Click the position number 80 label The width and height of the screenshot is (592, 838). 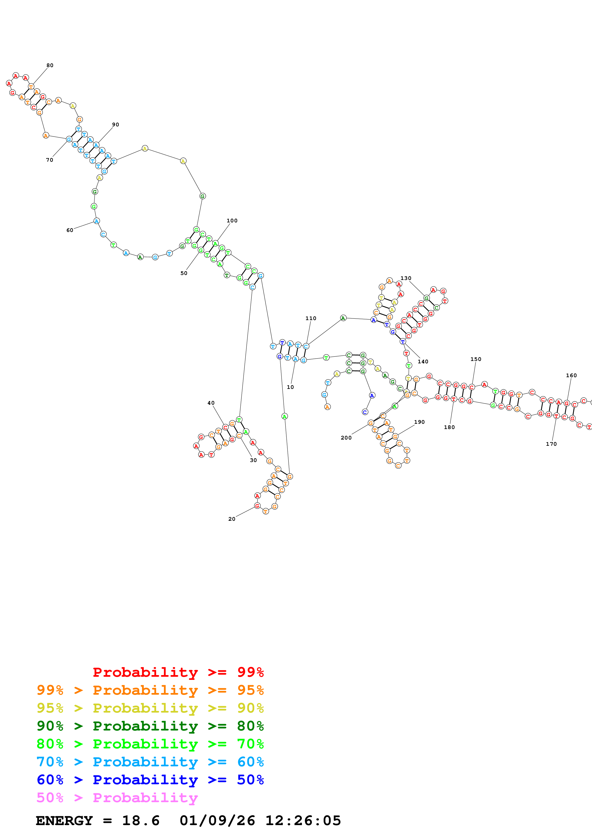50,65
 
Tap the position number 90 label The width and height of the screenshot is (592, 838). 116,124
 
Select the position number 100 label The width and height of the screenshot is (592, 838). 232,220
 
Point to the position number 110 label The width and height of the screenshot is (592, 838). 311,318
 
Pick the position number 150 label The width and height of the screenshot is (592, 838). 476,359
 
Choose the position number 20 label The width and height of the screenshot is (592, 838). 232,519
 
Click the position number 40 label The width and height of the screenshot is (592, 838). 211,403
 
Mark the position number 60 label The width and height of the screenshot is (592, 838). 70,230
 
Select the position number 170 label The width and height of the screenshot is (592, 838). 551,444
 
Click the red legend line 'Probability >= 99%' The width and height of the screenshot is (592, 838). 178,672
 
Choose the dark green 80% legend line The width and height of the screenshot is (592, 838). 150,726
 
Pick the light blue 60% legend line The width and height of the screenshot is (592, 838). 150,762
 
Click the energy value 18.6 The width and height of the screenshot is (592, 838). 141,821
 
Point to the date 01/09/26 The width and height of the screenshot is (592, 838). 217,821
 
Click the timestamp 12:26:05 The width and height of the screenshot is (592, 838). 303,821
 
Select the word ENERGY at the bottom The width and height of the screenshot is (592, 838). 64,821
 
